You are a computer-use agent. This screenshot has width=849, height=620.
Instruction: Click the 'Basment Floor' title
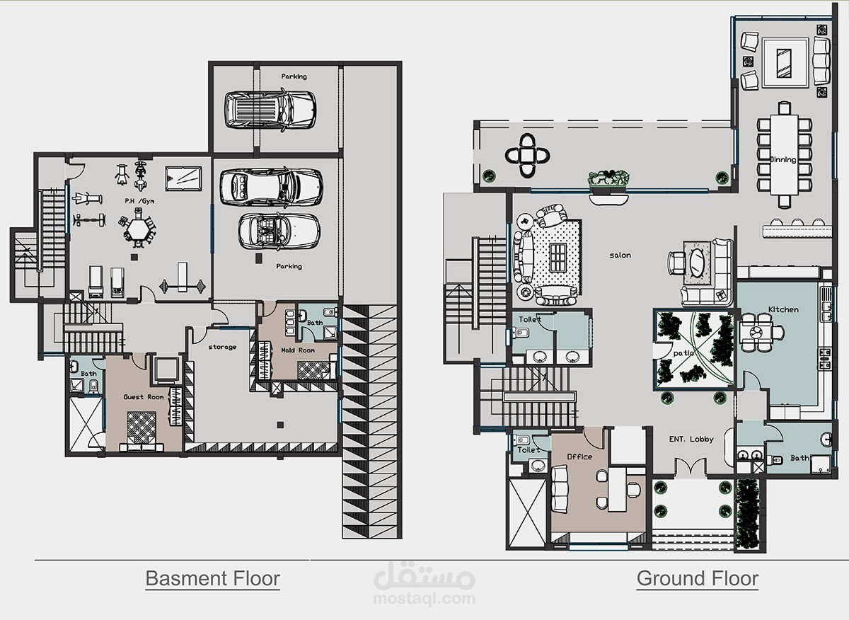pyautogui.click(x=213, y=579)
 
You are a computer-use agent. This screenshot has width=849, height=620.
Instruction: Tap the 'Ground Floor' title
pyautogui.click(x=698, y=579)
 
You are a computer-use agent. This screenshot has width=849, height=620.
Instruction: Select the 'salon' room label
pyautogui.click(x=620, y=256)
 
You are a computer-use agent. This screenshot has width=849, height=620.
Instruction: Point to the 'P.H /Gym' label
pyautogui.click(x=139, y=201)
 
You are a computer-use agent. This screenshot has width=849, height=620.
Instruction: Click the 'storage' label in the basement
pyautogui.click(x=222, y=347)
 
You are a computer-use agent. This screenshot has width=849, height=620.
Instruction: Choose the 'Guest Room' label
pyautogui.click(x=143, y=397)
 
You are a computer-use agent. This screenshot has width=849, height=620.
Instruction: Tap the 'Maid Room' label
pyautogui.click(x=298, y=350)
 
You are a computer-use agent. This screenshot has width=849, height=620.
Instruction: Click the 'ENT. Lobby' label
pyautogui.click(x=691, y=439)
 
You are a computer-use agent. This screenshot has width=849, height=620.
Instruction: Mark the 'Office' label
pyautogui.click(x=579, y=457)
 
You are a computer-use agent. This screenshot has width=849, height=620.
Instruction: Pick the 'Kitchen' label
pyautogui.click(x=783, y=309)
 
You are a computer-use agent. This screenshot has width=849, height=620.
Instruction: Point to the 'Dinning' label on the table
pyautogui.click(x=783, y=160)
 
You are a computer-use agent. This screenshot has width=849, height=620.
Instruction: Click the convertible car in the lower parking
pyautogui.click(x=279, y=231)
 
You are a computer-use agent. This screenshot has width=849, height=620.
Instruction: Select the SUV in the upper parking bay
pyautogui.click(x=270, y=110)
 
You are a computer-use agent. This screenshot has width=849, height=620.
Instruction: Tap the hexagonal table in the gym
pyautogui.click(x=139, y=230)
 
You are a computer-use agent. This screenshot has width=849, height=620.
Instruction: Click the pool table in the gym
pyautogui.click(x=183, y=178)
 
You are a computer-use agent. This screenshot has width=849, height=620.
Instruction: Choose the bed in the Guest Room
pyautogui.click(x=141, y=432)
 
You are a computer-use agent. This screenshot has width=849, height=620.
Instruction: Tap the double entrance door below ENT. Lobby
pyautogui.click(x=691, y=466)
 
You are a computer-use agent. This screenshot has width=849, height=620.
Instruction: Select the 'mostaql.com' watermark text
pyautogui.click(x=424, y=599)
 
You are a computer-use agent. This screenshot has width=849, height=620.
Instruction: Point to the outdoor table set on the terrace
pyautogui.click(x=527, y=156)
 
